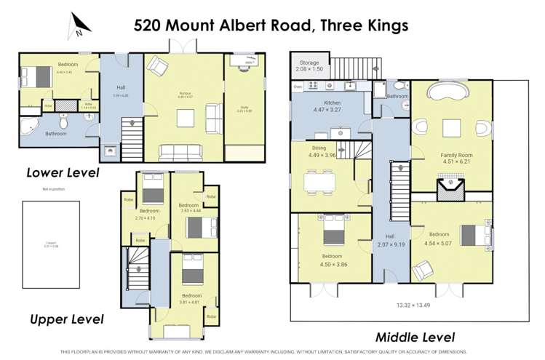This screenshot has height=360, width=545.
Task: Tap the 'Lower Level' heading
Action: tap(63, 173)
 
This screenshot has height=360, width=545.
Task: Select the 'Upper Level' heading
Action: tap(66, 319)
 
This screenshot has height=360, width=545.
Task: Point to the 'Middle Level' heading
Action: tap(415, 337)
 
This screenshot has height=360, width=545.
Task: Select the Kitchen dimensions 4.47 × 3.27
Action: tap(327, 110)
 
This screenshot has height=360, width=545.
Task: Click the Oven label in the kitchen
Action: tap(298, 87)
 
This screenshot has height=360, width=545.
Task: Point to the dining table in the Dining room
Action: tap(320, 180)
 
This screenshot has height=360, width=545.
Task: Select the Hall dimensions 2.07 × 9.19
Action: tap(390, 245)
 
